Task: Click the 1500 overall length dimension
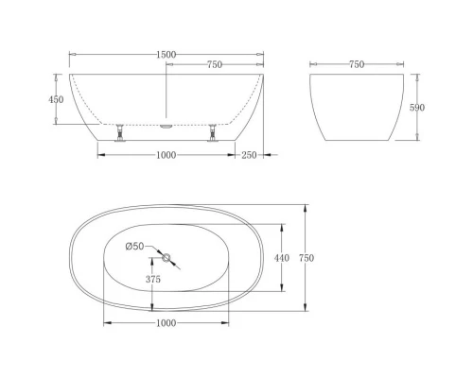point(166,55)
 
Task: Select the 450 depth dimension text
point(57,99)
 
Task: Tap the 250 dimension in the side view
point(249,156)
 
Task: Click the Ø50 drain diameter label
point(136,247)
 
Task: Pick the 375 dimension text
point(154,279)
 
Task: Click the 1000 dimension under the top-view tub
point(166,322)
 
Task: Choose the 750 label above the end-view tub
point(356,64)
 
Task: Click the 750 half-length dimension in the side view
point(215,64)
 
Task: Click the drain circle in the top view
point(166,258)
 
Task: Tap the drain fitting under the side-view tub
point(166,123)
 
